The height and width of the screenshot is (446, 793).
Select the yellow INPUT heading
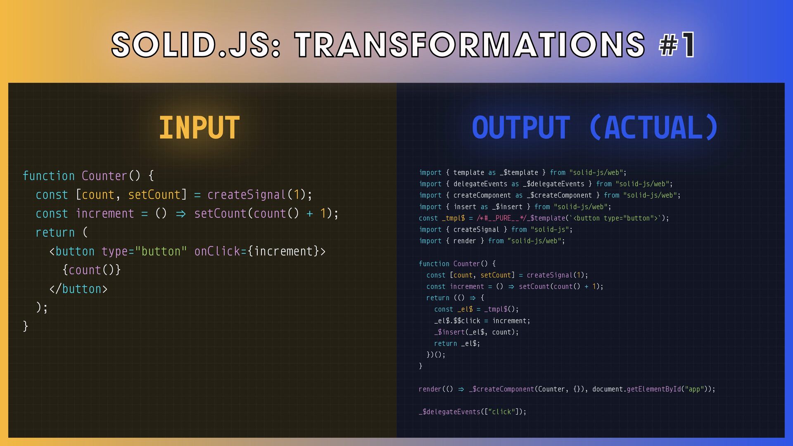pos(199,128)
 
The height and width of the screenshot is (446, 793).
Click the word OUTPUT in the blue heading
pos(521,128)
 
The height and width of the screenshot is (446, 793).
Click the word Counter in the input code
pos(104,176)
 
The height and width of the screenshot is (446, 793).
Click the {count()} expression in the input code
pos(91,270)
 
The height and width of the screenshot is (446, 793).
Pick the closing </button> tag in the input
pos(78,289)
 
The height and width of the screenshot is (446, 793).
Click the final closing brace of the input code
pos(26,326)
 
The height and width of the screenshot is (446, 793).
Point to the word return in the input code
pos(55,232)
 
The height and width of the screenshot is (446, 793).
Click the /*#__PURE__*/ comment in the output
pos(502,218)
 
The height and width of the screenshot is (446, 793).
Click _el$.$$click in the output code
pos(457,321)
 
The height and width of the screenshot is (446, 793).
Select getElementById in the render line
pos(654,389)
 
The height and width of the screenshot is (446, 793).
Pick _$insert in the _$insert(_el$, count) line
pos(449,332)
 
